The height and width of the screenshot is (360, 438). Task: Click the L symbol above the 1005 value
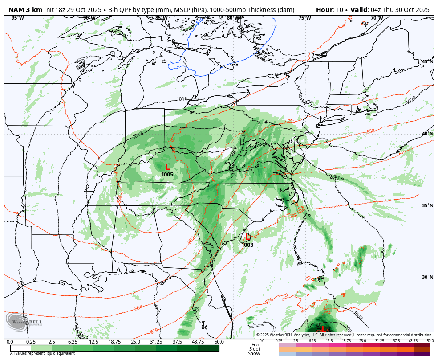tap(167, 167)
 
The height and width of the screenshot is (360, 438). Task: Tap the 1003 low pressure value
tap(247, 245)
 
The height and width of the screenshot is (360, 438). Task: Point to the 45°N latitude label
tap(427, 62)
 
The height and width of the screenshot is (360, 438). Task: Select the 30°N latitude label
tap(427, 277)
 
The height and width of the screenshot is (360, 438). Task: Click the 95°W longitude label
tap(17, 18)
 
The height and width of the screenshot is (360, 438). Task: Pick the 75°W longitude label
tap(304, 18)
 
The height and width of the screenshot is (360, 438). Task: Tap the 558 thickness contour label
tap(370, 131)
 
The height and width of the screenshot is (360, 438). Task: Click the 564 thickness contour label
tap(138, 308)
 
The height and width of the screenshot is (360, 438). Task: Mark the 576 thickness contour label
tap(269, 301)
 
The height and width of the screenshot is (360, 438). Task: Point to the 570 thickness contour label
tap(154, 331)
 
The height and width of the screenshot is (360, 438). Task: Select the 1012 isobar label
tap(137, 135)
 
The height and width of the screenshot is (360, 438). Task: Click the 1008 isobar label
tap(359, 317)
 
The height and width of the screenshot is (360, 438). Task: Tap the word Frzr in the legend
tap(255, 344)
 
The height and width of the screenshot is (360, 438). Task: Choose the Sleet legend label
tap(255, 349)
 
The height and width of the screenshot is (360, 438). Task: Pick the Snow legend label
tap(255, 353)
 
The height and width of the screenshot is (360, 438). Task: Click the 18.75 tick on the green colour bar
tap(114, 342)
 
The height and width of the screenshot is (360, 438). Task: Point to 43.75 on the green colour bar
tap(198, 342)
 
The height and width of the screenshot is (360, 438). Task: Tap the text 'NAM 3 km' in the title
tap(25, 10)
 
